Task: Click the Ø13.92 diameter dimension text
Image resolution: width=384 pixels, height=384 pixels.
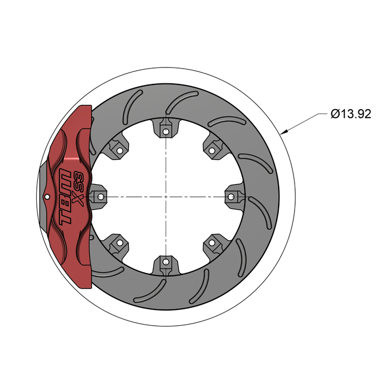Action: pos(351,114)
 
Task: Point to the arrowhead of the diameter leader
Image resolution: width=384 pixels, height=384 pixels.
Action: pos(281,133)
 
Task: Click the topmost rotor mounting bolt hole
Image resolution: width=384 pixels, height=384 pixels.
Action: pos(165,131)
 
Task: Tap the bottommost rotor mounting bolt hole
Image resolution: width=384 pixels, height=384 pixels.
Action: pos(165,262)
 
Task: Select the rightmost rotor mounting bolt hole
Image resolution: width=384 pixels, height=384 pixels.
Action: pos(230,196)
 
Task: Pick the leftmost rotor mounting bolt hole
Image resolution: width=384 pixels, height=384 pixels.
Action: pos(100,196)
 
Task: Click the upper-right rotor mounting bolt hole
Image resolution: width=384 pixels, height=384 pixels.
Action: pos(211,150)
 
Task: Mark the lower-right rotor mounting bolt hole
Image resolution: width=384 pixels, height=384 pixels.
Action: pos(211,243)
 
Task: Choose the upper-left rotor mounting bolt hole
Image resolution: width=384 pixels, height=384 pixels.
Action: pos(117,150)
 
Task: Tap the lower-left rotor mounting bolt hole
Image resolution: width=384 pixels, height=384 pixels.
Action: pos(117,243)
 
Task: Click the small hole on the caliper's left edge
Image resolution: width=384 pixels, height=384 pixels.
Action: pos(48,196)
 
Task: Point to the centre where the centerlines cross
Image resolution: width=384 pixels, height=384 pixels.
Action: pos(165,196)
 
